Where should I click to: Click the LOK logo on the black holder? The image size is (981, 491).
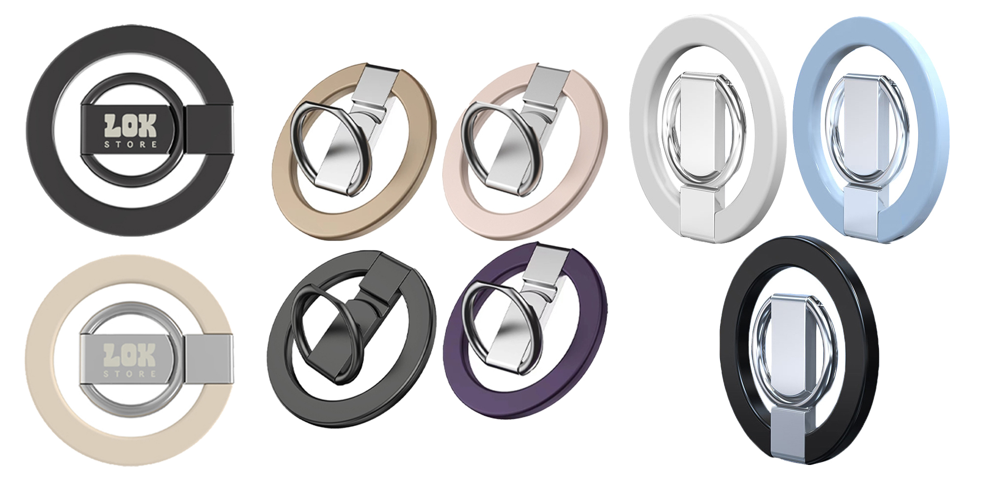[130, 126]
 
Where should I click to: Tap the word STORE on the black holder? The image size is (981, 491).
[131, 144]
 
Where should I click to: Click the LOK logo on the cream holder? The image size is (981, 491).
[130, 355]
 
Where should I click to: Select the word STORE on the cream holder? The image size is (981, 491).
[130, 374]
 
